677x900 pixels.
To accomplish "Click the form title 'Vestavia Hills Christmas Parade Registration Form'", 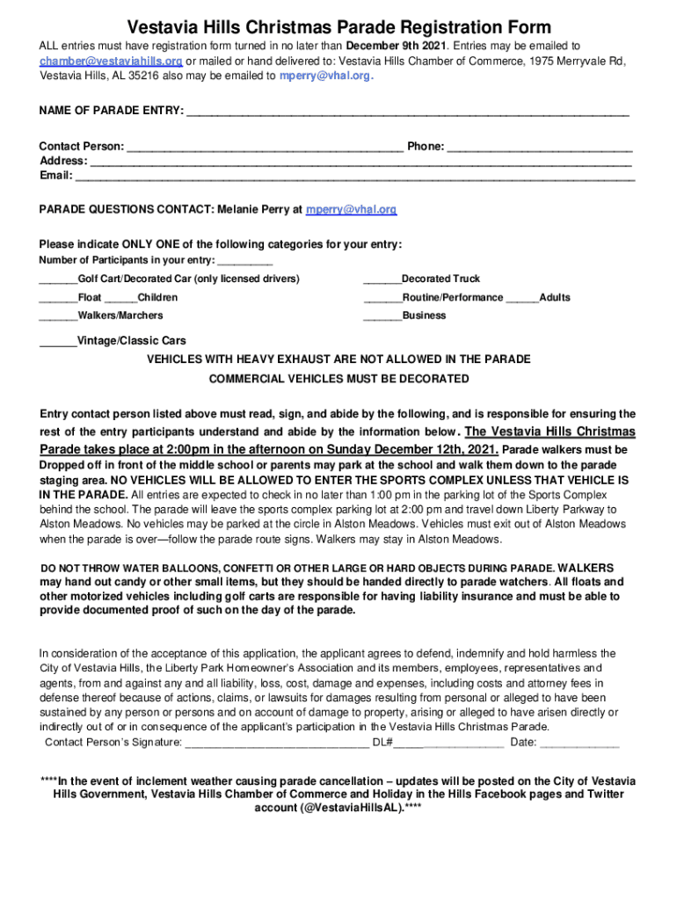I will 338,27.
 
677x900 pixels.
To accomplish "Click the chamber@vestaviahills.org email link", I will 111,61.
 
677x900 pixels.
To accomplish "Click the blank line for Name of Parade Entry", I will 408,112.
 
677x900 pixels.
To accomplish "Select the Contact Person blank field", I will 265,148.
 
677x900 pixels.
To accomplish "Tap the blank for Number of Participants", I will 244,262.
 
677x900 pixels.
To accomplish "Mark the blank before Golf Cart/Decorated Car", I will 58,280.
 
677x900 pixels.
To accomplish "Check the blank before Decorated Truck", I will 382,280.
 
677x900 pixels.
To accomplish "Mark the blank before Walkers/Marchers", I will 58,316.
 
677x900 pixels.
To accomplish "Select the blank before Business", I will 382,316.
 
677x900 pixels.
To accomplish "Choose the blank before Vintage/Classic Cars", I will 58,342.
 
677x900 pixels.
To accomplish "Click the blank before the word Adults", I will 522,299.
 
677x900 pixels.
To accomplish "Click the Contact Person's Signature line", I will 276,744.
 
